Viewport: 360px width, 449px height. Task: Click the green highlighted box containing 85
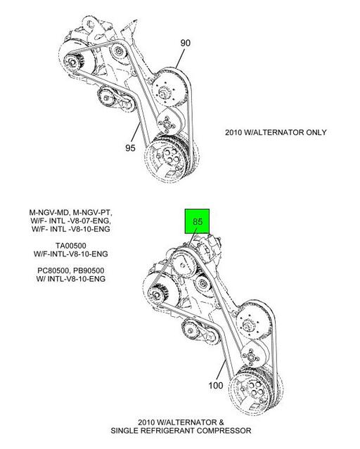tap(197, 221)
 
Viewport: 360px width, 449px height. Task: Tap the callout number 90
tap(185, 43)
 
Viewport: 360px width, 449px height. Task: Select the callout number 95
tap(130, 148)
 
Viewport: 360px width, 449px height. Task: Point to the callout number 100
tap(216, 386)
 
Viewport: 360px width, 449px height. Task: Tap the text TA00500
tap(71, 246)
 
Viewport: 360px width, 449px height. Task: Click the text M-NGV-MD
tap(49, 213)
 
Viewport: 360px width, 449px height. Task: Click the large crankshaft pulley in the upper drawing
tap(170, 160)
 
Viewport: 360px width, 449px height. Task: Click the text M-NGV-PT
tap(93, 213)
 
